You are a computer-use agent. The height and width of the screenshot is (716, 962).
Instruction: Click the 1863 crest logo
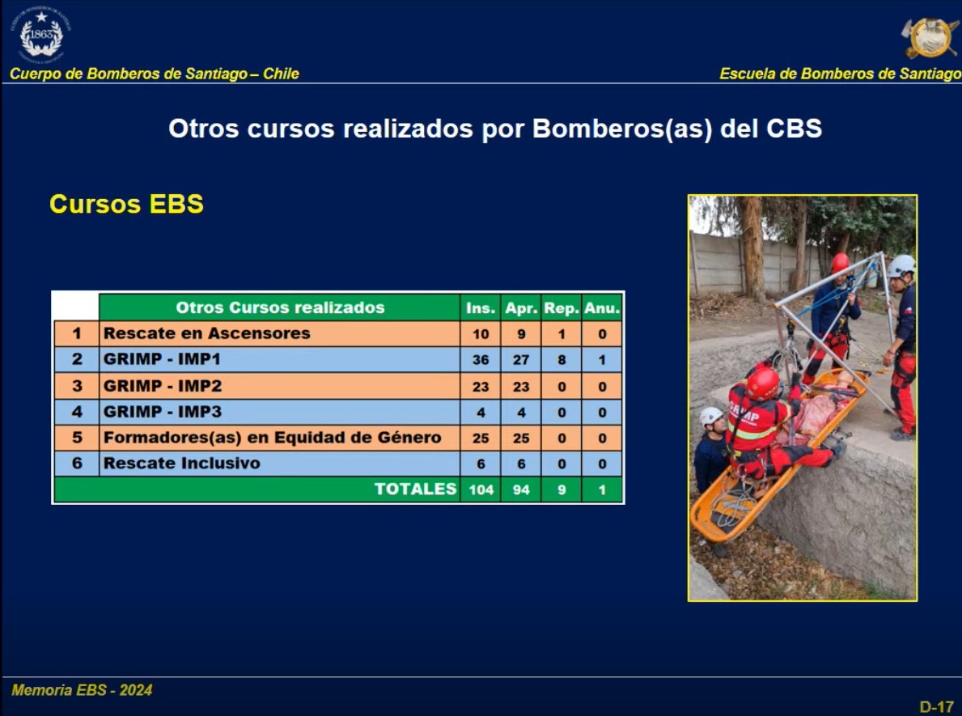coord(41,35)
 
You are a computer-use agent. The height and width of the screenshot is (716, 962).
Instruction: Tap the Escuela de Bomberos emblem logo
coord(930,37)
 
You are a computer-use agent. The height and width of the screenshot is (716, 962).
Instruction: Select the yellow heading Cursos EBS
coord(126,204)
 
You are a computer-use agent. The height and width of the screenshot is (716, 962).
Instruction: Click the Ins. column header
coord(481,308)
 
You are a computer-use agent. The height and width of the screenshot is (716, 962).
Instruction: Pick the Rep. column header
coord(562,308)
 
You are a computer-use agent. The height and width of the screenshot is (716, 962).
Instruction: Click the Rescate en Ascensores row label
coord(207,333)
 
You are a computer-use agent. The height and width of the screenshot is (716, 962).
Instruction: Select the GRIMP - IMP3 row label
coord(163,411)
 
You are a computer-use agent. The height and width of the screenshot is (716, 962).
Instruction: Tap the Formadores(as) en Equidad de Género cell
coord(273,438)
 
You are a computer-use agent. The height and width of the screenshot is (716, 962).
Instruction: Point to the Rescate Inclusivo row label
coord(181,464)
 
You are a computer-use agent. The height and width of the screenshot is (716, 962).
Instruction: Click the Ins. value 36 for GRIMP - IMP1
coord(481,359)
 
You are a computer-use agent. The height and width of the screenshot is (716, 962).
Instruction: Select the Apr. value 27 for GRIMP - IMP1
coord(521,359)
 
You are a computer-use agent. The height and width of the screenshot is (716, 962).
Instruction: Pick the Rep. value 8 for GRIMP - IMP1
coord(562,359)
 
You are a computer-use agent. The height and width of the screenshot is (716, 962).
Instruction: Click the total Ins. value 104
coord(481,489)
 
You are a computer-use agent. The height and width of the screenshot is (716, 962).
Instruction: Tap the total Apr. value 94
coord(521,489)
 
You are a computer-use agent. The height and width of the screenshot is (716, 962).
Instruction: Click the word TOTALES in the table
coord(415,489)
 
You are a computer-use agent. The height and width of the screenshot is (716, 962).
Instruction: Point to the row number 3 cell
coord(77,386)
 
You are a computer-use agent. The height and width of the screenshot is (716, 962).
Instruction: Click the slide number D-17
coord(937,707)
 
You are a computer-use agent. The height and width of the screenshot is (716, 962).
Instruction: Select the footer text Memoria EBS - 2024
coord(82,690)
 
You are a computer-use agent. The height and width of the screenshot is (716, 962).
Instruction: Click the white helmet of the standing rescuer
coord(901,265)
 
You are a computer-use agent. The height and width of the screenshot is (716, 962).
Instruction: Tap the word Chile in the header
coord(281,74)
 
